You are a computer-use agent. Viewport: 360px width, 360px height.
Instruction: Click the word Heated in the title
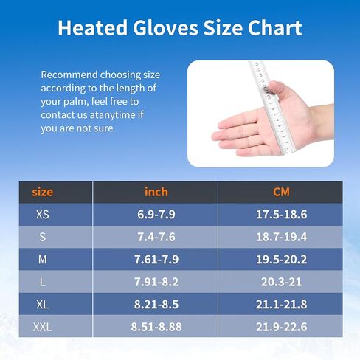tap(93, 28)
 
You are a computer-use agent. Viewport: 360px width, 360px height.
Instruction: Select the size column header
tap(42, 192)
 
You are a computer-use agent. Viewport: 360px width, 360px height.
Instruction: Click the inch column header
tap(156, 192)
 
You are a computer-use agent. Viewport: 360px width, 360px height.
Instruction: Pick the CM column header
tap(281, 192)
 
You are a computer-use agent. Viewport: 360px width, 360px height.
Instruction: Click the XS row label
tap(42, 215)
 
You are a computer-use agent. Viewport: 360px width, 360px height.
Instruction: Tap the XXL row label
tap(42, 327)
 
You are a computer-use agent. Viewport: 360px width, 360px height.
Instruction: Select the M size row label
tap(42, 260)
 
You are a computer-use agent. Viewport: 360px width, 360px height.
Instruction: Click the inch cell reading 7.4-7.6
tap(156, 237)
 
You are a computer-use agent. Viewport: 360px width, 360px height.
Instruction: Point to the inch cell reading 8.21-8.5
tap(156, 305)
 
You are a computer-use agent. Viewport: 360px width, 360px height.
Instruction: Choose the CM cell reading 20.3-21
tap(281, 282)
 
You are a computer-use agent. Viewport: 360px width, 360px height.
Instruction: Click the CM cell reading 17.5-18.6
tap(281, 215)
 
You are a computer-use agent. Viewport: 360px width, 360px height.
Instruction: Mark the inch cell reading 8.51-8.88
tap(156, 327)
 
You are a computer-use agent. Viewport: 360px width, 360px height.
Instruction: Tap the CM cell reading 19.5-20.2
tap(281, 260)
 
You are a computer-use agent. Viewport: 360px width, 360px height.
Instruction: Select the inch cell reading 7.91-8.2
tap(156, 282)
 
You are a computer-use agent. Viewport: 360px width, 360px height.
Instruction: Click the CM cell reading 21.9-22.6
tap(281, 327)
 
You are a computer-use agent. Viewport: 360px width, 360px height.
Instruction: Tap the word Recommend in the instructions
tap(69, 75)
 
